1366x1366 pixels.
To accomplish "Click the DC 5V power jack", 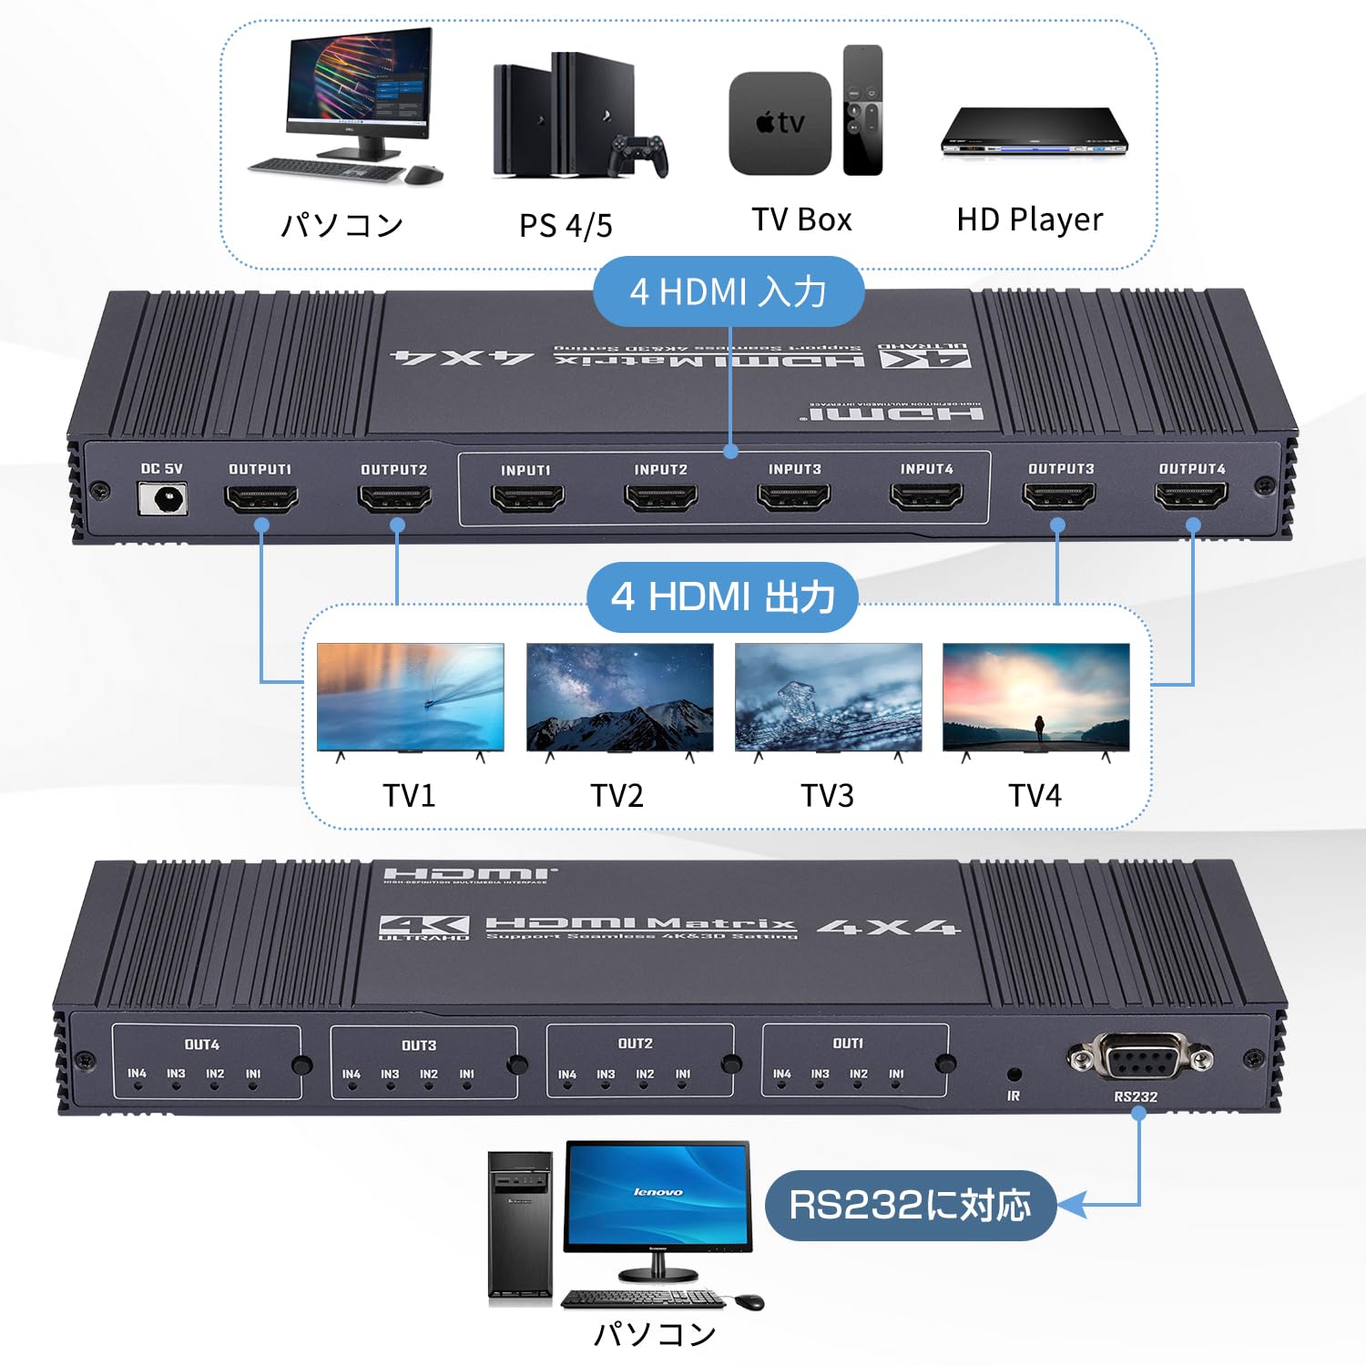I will point(163,499).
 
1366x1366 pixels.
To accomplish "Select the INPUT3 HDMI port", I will point(793,497).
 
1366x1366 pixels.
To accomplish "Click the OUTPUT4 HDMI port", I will point(1191,496).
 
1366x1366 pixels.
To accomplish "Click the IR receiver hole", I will point(1014,1074).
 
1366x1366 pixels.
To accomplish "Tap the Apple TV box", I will point(780,124).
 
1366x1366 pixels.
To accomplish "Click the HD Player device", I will point(1035,132).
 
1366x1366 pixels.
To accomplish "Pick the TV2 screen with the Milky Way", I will point(620,697).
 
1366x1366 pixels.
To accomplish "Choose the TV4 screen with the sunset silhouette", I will point(1035,697).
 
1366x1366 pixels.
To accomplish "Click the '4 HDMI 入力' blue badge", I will point(728,292).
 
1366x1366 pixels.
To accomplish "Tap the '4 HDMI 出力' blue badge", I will point(722,597).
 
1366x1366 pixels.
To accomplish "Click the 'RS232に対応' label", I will point(910,1205).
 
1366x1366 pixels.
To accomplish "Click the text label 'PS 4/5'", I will point(566,225).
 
